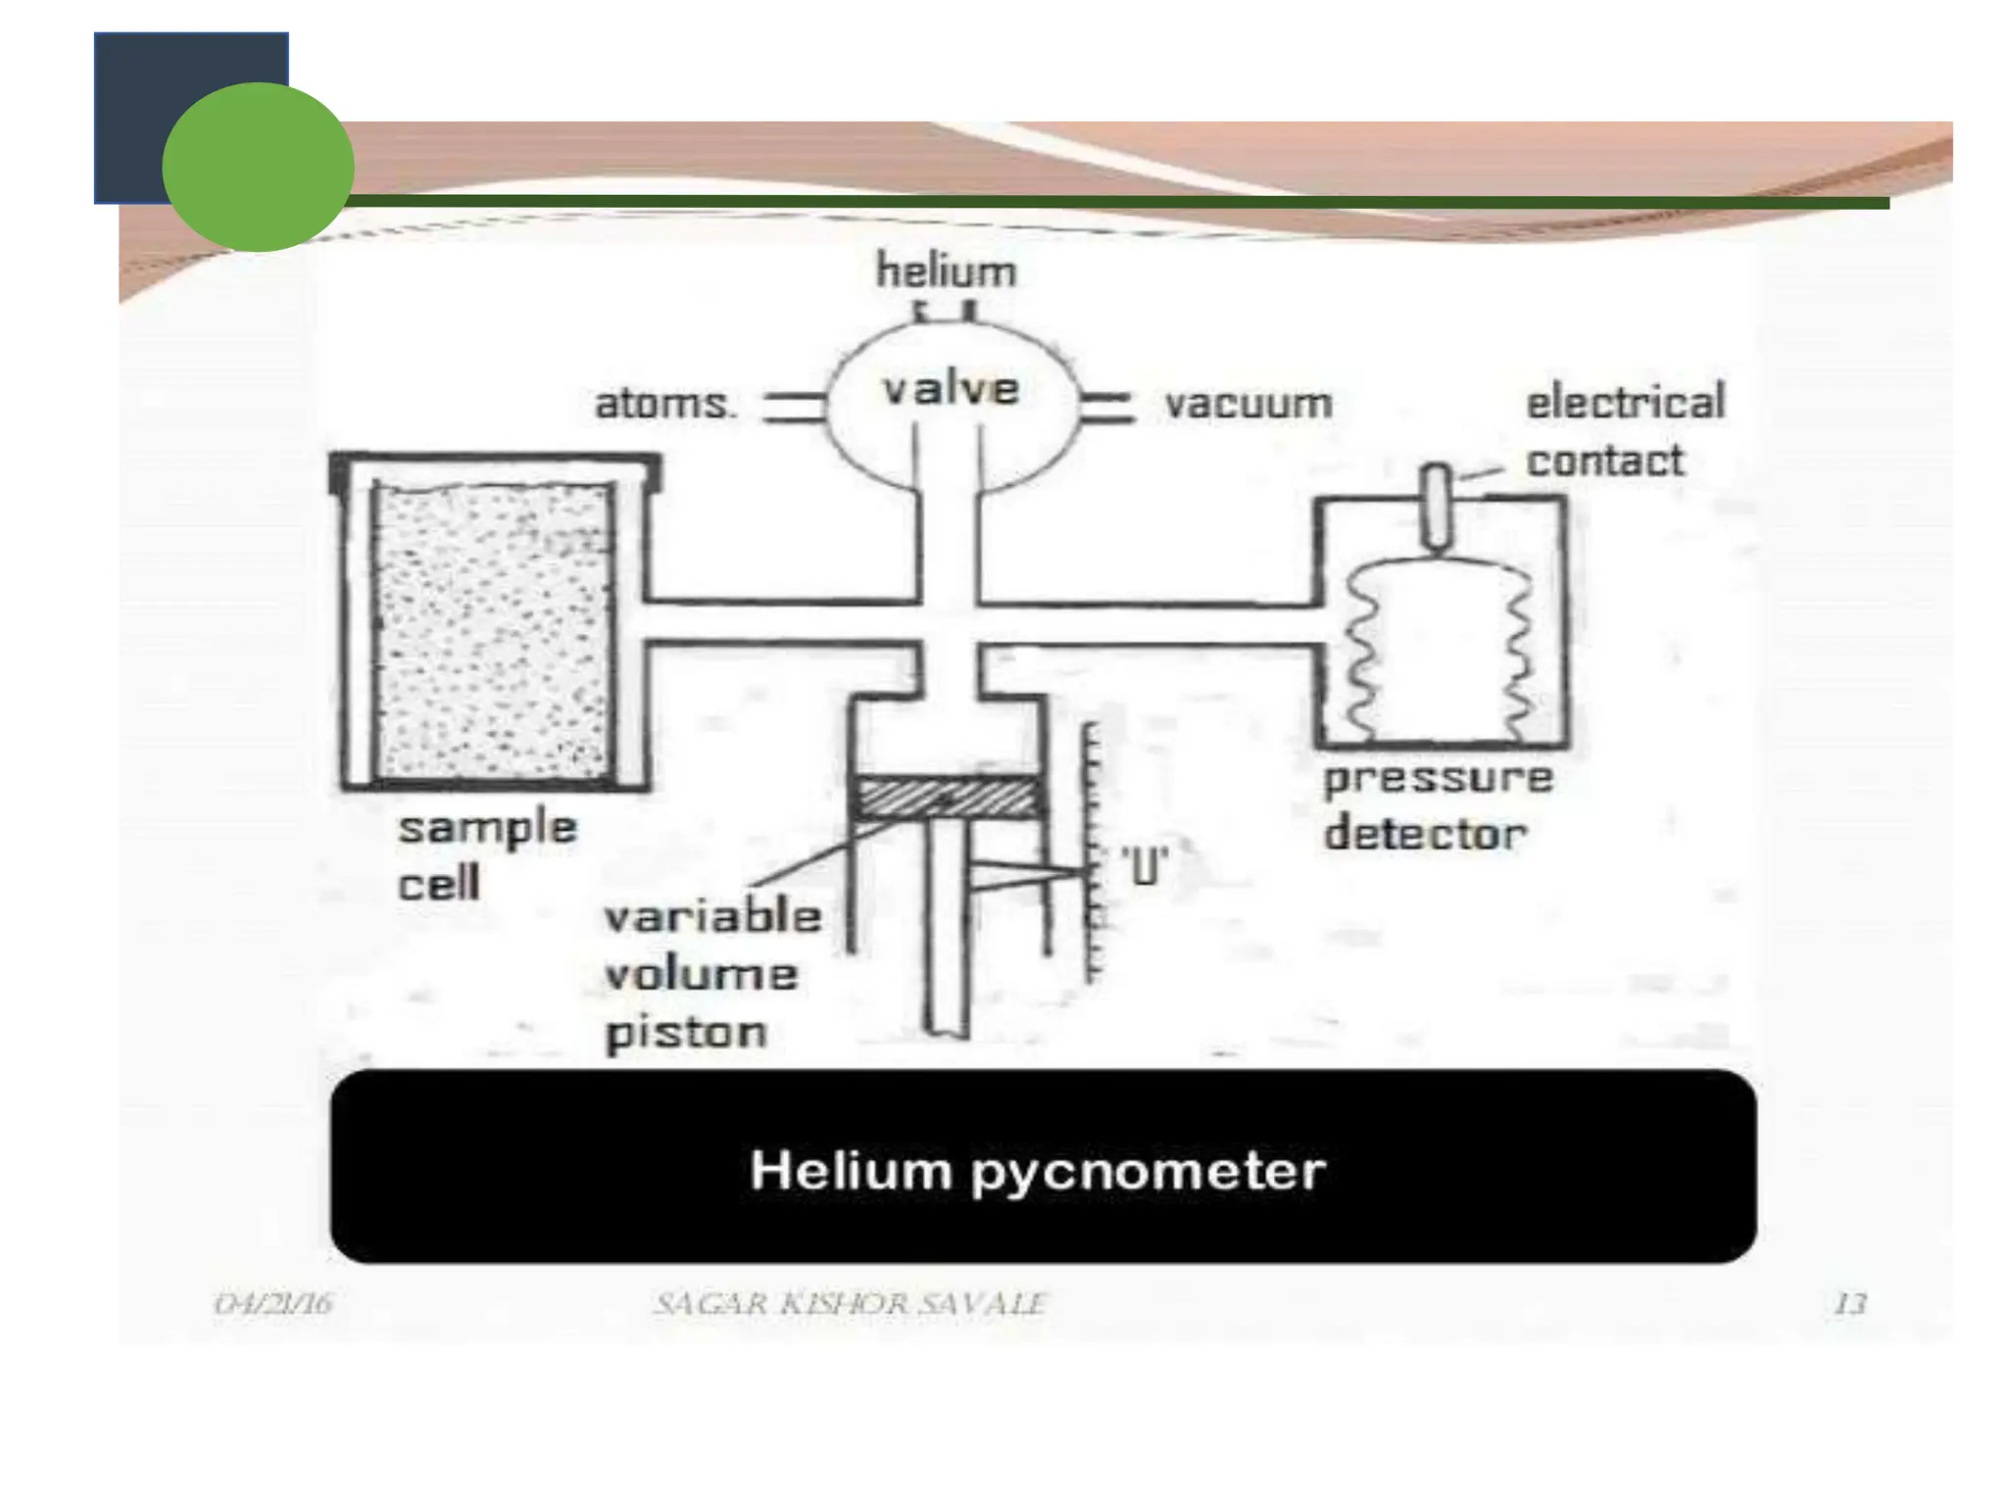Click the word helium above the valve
(x=946, y=271)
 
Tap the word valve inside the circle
(x=951, y=389)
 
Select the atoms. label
(x=664, y=404)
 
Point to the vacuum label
(x=1248, y=404)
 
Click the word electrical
(x=1625, y=402)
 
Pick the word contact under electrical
(x=1604, y=461)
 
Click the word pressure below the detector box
(x=1438, y=779)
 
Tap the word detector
(x=1425, y=834)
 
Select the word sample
(x=487, y=829)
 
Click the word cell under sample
(x=438, y=885)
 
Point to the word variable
(x=712, y=917)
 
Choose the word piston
(x=686, y=1033)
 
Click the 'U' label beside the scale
(x=1145, y=866)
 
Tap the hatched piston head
(x=947, y=798)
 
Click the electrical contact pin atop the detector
(x=1437, y=506)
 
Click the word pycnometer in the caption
(x=1149, y=1172)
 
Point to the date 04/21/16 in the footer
(x=273, y=1304)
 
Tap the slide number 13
(x=1849, y=1304)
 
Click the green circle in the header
(x=258, y=167)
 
